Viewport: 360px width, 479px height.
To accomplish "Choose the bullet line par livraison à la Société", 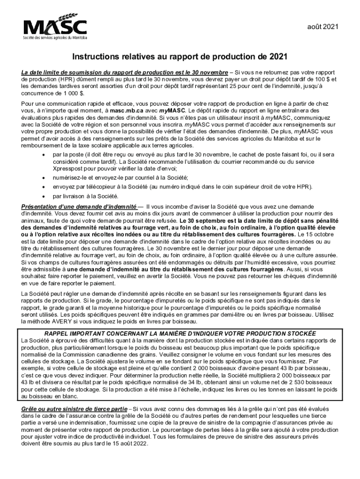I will pos(86,196).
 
